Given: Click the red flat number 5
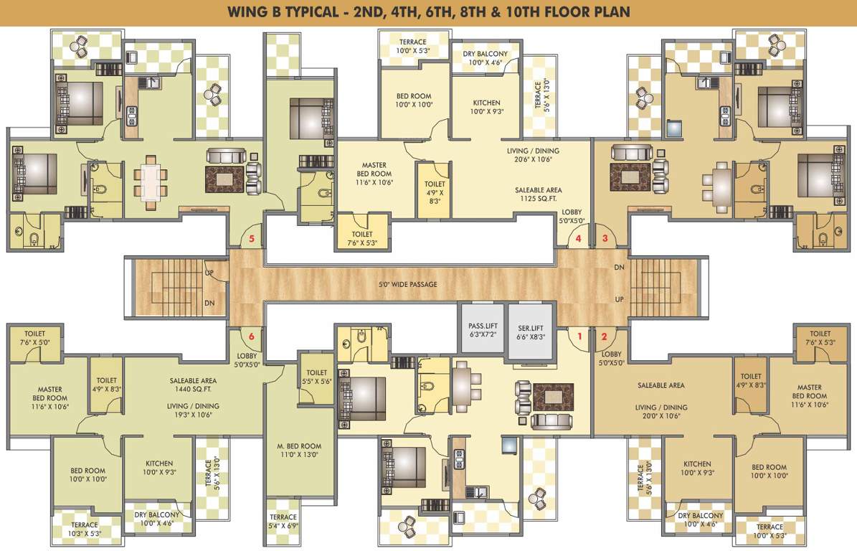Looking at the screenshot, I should click(252, 238).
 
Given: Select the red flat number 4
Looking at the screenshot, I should click(579, 238).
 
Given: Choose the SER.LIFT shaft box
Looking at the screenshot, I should click(531, 331).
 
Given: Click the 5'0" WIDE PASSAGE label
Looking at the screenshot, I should click(408, 285).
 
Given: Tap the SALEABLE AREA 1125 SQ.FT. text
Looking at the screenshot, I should click(539, 194).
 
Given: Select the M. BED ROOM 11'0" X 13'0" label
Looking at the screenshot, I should click(299, 450).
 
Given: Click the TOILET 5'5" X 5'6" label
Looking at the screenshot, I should click(316, 377).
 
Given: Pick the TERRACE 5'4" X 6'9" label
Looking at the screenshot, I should click(283, 522).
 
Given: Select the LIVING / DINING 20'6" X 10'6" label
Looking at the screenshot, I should click(533, 156).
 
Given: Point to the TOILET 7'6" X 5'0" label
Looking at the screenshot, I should click(34, 338).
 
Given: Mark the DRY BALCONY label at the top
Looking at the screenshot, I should click(486, 58).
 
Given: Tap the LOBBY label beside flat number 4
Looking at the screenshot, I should click(572, 217).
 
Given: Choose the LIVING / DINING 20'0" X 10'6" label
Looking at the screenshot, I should click(661, 412).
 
